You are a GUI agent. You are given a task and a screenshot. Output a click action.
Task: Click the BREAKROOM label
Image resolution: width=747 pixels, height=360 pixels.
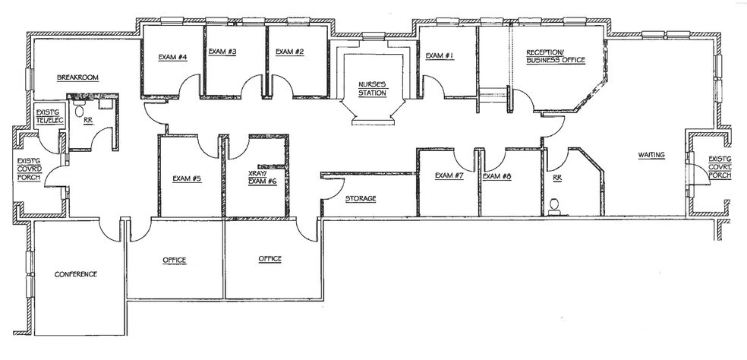coord(79,77)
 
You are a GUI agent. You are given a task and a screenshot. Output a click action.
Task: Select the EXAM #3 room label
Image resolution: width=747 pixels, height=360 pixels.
coord(222,52)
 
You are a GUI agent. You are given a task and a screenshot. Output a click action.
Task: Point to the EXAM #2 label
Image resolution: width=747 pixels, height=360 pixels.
coord(289,52)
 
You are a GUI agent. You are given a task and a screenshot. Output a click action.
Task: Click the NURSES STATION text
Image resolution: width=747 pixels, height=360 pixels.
coord(373,89)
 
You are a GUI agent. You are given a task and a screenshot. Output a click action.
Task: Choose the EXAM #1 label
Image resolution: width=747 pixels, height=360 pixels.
coord(440,55)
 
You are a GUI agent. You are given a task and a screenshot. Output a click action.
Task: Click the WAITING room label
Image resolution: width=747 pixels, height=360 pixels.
coord(651,155)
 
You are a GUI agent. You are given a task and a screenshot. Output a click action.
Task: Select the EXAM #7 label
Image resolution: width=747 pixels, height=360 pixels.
coord(449,176)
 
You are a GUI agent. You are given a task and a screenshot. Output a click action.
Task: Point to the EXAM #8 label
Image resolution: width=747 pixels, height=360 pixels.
coord(497,176)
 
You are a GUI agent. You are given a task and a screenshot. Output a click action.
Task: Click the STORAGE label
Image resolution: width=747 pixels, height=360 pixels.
coord(361,199)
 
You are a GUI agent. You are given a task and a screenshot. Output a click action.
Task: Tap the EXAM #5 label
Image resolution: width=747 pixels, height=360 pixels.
coord(186,178)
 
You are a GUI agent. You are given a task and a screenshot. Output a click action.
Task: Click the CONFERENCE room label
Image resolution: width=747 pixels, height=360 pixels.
coord(75,274)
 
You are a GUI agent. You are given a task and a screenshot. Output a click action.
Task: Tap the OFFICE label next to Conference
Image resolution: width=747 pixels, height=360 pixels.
coord(174,261)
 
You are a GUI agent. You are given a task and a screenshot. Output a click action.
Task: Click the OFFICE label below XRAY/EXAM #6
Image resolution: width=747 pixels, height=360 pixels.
coord(269,259)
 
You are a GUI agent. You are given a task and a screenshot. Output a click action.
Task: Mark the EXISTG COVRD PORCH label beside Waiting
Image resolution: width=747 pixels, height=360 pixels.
coord(719,168)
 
